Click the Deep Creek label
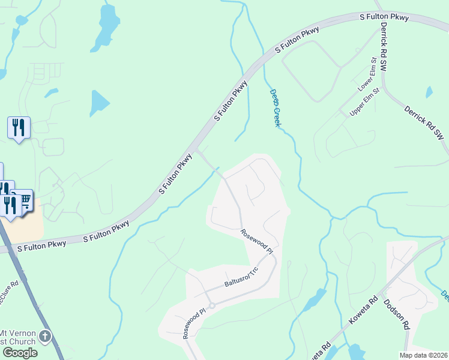pos(274,109)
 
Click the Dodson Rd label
pos(397,315)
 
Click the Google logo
pos(19,353)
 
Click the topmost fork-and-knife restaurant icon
pos(19,127)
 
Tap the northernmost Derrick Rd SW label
pos(382,48)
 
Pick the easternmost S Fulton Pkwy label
pos(384,17)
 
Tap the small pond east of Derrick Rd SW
pos(429,92)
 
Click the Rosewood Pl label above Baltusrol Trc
pos(257,241)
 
